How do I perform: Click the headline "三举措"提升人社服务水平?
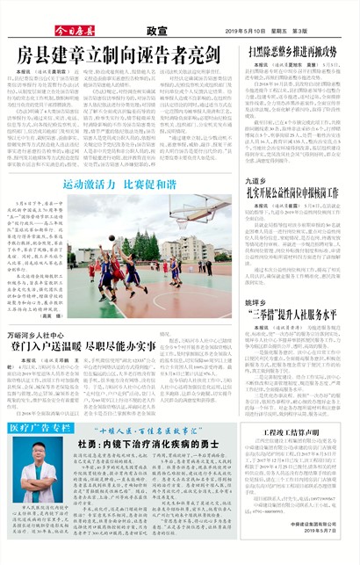tap(293, 314)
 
